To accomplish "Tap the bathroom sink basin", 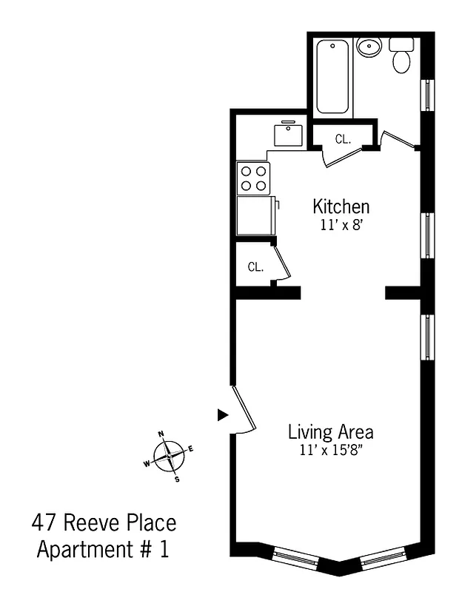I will click(368, 48).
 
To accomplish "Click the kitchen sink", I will click(287, 135).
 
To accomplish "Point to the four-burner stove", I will click(253, 178).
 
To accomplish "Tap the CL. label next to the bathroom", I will click(342, 138).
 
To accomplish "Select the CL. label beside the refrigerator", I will click(255, 267).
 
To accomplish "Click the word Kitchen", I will click(341, 206).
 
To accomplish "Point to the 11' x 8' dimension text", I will click(341, 226).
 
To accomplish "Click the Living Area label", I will click(330, 431).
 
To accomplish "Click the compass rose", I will click(170, 456).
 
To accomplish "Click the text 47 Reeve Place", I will click(104, 524).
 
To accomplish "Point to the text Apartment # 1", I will click(107, 551).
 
